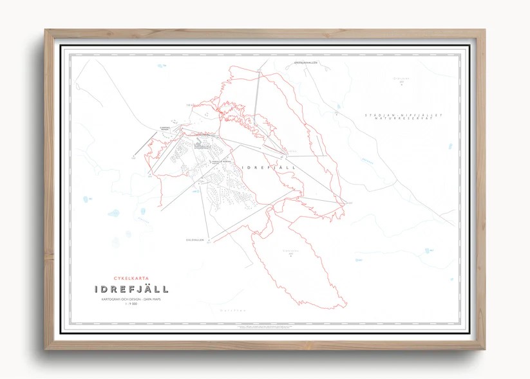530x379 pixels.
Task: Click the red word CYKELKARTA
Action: click(130, 279)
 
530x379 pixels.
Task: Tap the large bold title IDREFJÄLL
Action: click(131, 290)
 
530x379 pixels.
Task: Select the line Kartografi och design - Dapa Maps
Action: click(130, 299)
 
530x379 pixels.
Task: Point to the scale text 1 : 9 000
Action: click(130, 305)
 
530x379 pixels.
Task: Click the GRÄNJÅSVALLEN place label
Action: click(306, 62)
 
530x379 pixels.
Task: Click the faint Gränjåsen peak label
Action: click(401, 80)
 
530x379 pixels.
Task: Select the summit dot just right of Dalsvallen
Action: click(216, 241)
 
